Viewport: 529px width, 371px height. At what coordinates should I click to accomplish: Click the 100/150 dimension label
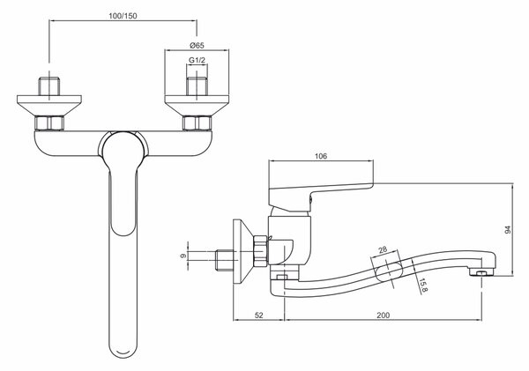tap(123, 16)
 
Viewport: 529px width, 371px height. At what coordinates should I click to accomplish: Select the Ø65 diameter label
tap(197, 45)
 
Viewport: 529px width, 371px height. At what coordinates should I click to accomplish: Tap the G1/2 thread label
tap(197, 60)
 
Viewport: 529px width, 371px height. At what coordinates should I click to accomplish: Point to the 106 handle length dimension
tap(321, 156)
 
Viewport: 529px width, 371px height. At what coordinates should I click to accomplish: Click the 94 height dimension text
tap(508, 230)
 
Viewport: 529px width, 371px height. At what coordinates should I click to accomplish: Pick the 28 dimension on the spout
tap(383, 250)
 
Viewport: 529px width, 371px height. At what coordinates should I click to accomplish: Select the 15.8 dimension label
tap(424, 286)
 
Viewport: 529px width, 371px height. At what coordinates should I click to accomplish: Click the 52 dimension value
tap(258, 315)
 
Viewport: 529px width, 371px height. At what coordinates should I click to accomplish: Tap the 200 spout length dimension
tap(383, 315)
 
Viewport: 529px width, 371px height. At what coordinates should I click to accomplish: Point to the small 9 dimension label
tap(183, 256)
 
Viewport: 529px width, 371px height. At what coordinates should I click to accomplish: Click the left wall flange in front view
tap(49, 106)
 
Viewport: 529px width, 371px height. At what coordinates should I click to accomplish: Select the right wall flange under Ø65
tap(197, 106)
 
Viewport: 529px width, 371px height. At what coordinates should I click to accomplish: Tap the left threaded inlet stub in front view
tap(49, 86)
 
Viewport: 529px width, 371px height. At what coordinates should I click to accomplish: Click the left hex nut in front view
tap(49, 123)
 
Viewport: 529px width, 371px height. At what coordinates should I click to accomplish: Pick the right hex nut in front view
tap(197, 123)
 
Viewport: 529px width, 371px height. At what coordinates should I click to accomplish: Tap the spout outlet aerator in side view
tap(481, 272)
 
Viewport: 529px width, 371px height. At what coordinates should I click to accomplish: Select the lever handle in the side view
tap(321, 197)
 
